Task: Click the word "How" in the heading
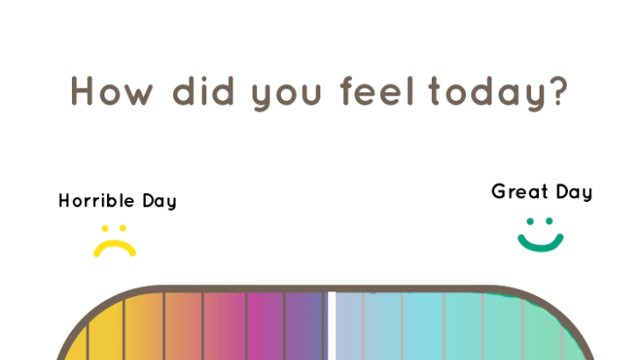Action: [x=111, y=91]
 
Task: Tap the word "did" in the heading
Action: [x=204, y=90]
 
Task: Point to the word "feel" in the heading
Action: [x=377, y=90]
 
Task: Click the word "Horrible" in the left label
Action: [x=97, y=200]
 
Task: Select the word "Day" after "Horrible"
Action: [x=160, y=202]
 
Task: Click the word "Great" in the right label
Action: [x=520, y=191]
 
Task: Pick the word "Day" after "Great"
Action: [x=574, y=193]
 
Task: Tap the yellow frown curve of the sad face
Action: [x=114, y=244]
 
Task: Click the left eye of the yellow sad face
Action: [x=104, y=228]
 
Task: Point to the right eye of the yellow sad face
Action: [x=123, y=228]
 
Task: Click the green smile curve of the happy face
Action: [x=541, y=246]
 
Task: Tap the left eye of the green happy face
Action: [x=530, y=221]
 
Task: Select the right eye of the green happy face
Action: [x=549, y=221]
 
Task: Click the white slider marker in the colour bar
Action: [x=332, y=326]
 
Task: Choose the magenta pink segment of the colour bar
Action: [x=265, y=326]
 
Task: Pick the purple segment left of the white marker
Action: [x=304, y=326]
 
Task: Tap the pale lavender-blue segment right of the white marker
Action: [x=349, y=326]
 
